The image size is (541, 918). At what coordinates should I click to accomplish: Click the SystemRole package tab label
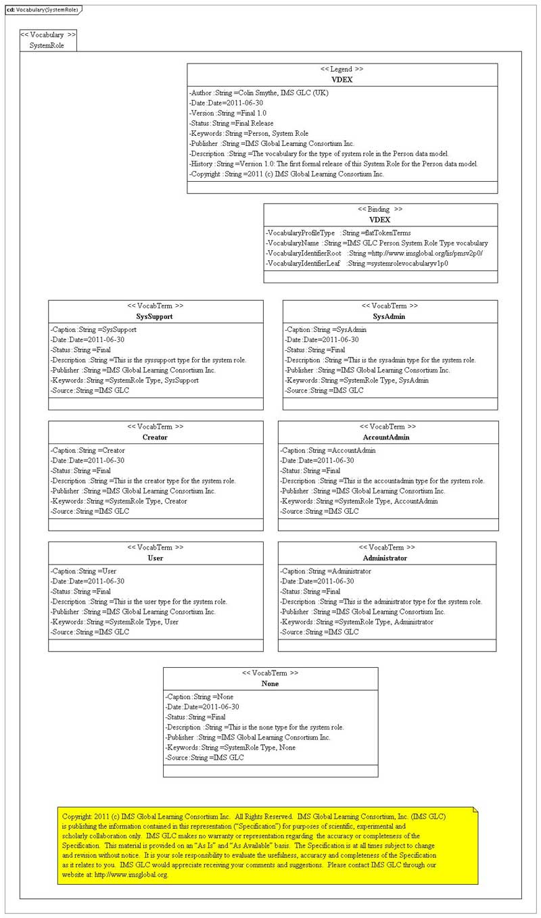[x=47, y=45]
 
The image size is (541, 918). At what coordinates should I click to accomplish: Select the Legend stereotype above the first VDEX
[x=342, y=69]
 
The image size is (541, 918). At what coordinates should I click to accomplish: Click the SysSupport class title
[x=155, y=316]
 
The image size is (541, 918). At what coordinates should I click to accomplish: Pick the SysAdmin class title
[x=389, y=316]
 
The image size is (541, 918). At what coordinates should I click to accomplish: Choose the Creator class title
[x=155, y=437]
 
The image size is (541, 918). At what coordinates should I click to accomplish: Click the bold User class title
[x=155, y=558]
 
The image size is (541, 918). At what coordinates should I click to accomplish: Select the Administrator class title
[x=385, y=558]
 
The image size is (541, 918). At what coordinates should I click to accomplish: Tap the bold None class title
[x=270, y=683]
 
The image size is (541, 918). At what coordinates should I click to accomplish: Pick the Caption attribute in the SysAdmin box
[x=326, y=329]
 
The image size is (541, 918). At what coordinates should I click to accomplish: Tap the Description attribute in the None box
[x=254, y=727]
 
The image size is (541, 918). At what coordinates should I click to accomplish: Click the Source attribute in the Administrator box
[x=319, y=632]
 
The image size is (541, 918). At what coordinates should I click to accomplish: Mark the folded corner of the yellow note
[x=475, y=809]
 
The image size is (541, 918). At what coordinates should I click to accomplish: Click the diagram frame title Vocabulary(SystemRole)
[x=42, y=9]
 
